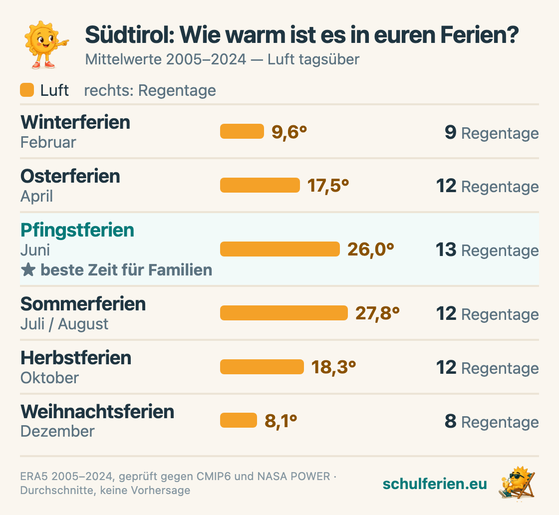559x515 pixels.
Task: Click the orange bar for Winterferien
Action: (242, 131)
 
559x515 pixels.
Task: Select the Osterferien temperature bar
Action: (260, 185)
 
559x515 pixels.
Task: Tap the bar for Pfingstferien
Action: (280, 249)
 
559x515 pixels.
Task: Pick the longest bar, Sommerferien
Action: (284, 312)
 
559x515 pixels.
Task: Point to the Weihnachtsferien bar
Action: (239, 420)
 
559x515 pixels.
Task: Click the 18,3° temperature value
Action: (334, 367)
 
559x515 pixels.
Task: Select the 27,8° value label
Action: (377, 313)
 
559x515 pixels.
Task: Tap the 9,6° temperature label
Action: (289, 132)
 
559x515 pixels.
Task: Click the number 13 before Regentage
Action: (446, 249)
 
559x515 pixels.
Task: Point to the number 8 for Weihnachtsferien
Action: (451, 421)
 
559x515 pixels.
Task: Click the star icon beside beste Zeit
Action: (28, 270)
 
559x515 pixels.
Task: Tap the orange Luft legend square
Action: (27, 90)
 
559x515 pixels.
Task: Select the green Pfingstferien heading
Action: (77, 230)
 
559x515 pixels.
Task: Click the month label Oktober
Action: (49, 378)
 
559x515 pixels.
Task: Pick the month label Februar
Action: (48, 142)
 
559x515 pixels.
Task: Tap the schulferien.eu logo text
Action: (435, 484)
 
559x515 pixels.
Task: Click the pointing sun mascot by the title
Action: (44, 44)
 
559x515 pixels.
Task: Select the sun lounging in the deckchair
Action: (517, 483)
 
